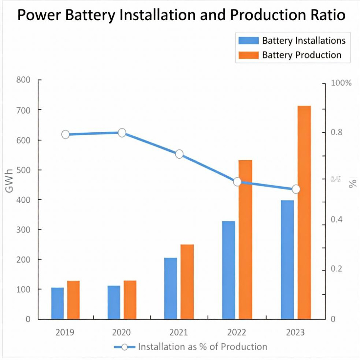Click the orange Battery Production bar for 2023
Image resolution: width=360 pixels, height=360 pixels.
[x=304, y=212]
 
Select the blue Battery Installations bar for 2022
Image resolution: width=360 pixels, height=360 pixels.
[x=228, y=270]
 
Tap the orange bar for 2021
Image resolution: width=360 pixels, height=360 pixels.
[x=187, y=282]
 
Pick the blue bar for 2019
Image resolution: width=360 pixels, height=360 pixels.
[x=57, y=303]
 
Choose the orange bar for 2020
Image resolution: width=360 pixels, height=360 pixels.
[x=130, y=300]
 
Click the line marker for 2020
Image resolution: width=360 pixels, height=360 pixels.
[x=122, y=133]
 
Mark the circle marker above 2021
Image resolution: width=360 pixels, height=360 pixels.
[x=179, y=154]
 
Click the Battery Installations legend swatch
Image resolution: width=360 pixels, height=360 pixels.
[x=247, y=40]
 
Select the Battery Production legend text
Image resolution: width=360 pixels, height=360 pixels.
[x=301, y=55]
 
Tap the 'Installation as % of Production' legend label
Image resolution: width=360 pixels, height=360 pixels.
[x=202, y=347]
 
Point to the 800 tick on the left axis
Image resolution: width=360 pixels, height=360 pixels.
[x=23, y=80]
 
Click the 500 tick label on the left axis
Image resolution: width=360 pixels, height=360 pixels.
[x=23, y=170]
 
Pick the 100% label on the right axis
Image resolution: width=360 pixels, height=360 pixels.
[x=341, y=83]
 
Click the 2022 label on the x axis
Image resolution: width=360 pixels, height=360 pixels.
[x=237, y=332]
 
